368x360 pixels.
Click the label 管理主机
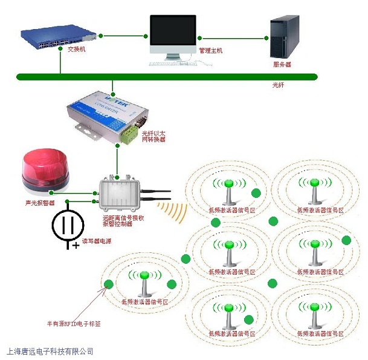210,51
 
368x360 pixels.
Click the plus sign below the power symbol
76,246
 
